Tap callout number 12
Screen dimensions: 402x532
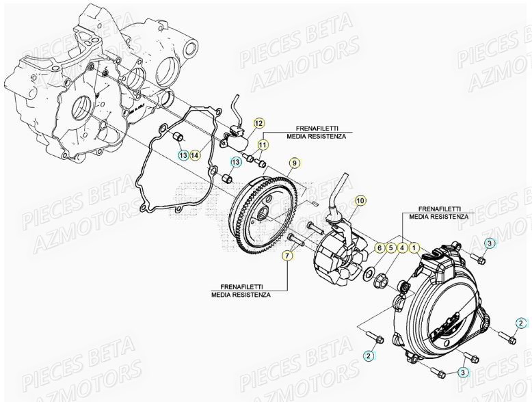pos(258,123)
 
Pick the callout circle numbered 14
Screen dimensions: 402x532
pos(196,156)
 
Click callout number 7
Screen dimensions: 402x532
pos(287,255)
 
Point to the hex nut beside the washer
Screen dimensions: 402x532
pos(382,281)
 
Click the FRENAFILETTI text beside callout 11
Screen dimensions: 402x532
pos(319,129)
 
